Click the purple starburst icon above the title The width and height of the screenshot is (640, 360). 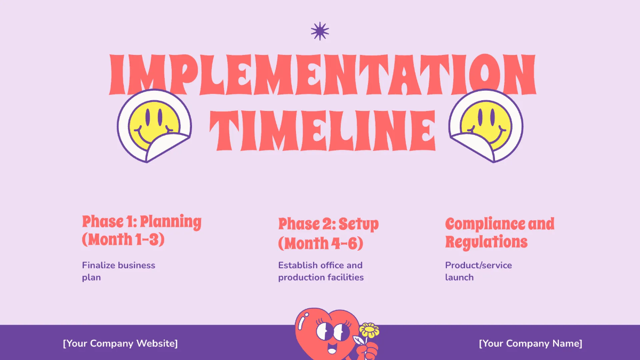tap(320, 31)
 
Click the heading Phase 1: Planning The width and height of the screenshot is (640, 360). tap(141, 221)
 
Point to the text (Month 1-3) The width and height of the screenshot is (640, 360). tap(123, 239)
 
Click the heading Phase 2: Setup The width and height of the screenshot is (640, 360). tap(328, 223)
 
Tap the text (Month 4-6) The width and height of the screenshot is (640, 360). tap(321, 243)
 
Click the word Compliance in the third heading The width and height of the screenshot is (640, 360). tap(485, 223)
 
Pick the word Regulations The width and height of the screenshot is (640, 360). tap(486, 242)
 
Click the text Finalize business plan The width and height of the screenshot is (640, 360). tap(118, 271)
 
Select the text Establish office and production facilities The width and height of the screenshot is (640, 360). tap(321, 271)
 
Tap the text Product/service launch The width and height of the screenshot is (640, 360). tap(478, 271)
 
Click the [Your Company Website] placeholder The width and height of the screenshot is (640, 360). tap(120, 343)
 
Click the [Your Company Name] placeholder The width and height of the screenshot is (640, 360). tap(530, 343)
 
